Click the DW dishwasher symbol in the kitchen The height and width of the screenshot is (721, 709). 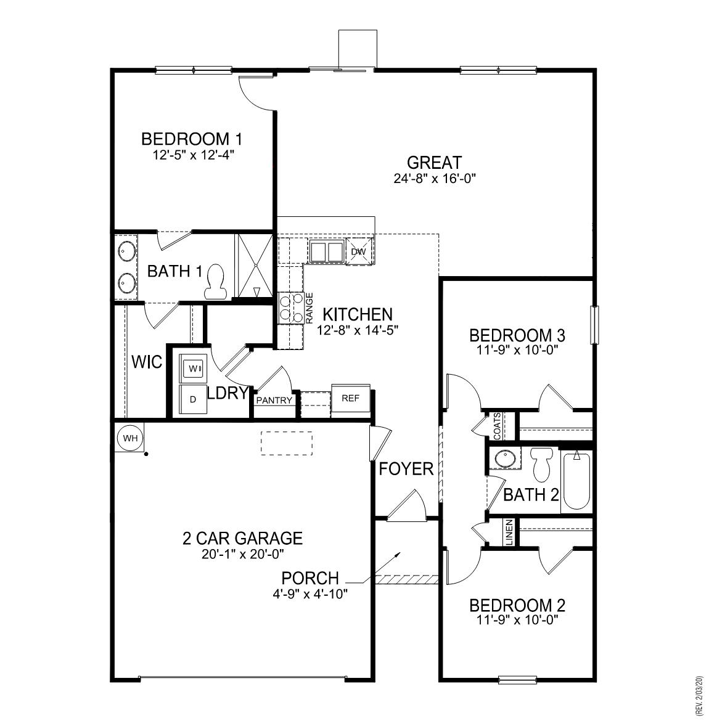click(x=358, y=252)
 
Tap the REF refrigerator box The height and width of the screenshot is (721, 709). click(x=350, y=399)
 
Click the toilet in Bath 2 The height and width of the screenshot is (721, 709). click(x=542, y=463)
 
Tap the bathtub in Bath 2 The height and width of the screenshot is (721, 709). click(x=576, y=481)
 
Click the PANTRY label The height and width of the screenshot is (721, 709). click(x=274, y=401)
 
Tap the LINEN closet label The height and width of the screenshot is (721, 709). click(x=509, y=532)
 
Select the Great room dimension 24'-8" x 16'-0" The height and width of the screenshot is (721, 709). click(x=435, y=179)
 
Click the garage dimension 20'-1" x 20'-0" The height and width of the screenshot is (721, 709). click(x=242, y=554)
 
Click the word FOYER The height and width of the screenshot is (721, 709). click(x=406, y=469)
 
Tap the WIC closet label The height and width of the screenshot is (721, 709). click(x=147, y=362)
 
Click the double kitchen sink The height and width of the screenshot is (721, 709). click(x=326, y=252)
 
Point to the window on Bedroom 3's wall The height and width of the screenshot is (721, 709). click(x=594, y=325)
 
